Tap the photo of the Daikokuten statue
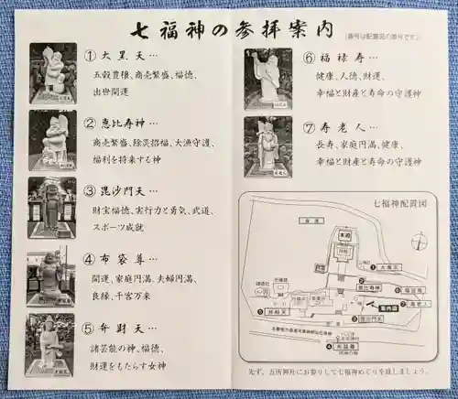pos(53,73)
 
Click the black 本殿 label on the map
pos(346,259)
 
